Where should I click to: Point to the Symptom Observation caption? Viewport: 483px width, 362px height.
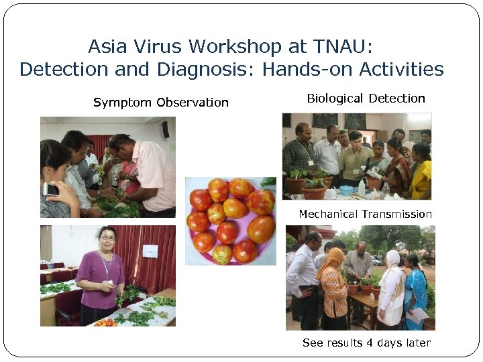(x=161, y=103)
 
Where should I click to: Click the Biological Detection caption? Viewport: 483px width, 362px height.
(x=366, y=99)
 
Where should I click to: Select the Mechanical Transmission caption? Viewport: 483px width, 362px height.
(x=365, y=215)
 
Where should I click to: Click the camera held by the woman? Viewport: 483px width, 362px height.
(x=51, y=189)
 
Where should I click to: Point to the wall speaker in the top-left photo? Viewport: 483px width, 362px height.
(x=165, y=129)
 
